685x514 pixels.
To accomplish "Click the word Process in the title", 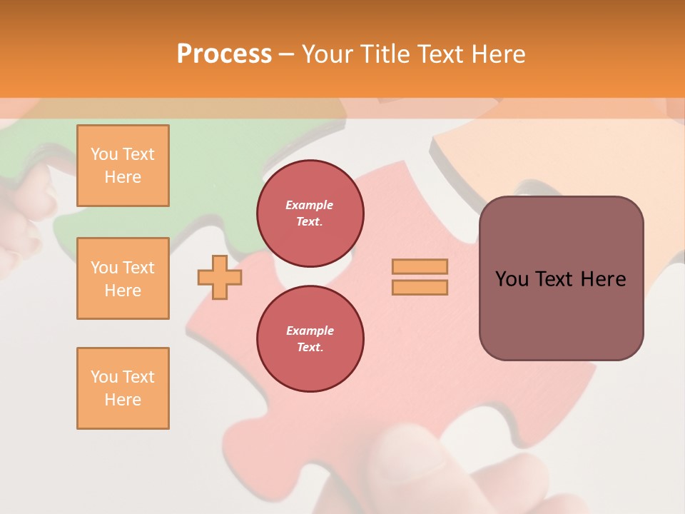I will [224, 54].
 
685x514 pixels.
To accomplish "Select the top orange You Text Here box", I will [123, 166].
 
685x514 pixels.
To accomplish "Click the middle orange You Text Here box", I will [123, 278].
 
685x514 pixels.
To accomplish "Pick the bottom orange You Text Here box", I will [123, 388].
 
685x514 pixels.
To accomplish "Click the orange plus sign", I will [219, 277].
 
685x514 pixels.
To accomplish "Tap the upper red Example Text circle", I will [310, 213].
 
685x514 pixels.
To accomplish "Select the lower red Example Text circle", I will [310, 339].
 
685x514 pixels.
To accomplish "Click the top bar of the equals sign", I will [420, 266].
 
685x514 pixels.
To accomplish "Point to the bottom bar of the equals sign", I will [420, 287].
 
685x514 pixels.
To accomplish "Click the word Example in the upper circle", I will [310, 205].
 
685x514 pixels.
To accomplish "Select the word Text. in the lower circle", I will [310, 348].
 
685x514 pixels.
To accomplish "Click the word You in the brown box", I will [512, 279].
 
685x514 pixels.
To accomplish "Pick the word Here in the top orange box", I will [123, 177].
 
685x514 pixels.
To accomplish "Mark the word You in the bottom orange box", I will [103, 377].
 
